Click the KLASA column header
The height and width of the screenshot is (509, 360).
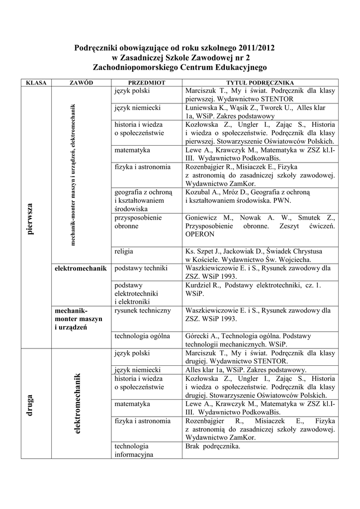coord(36,83)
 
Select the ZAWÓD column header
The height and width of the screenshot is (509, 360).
coord(81,83)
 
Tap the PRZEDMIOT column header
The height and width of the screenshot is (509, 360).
coord(147,83)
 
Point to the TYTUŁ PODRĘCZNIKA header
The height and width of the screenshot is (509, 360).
coord(260,83)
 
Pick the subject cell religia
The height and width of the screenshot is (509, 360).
coord(123,252)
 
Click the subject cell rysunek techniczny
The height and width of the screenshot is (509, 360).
coord(143,311)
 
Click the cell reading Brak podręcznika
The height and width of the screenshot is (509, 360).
coord(212,446)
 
